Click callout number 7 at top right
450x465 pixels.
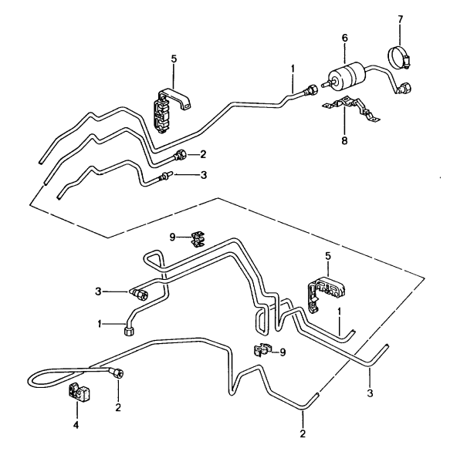point(400,19)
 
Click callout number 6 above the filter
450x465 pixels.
point(344,38)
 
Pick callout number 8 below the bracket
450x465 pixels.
point(344,140)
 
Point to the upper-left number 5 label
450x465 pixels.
point(174,59)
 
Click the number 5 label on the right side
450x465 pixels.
point(328,256)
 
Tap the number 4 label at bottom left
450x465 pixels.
point(76,425)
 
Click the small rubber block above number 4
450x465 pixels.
point(79,393)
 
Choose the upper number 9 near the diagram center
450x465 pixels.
point(173,238)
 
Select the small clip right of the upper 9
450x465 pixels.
point(198,239)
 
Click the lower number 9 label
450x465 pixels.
point(283,352)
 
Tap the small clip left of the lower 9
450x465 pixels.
point(262,350)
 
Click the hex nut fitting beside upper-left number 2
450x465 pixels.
point(180,155)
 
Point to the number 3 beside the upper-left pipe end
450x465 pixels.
point(204,175)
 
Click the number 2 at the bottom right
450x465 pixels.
point(303,433)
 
